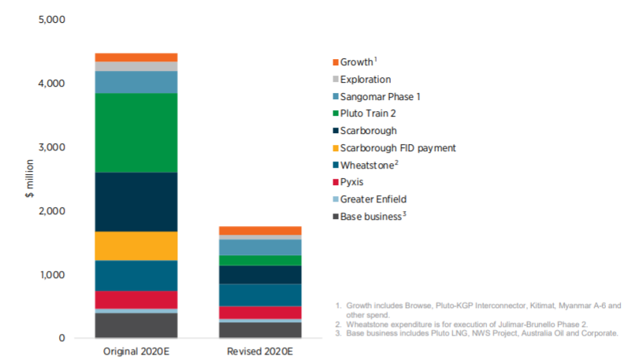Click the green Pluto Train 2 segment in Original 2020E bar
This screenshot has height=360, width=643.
pyautogui.click(x=136, y=132)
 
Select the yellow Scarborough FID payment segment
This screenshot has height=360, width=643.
pyautogui.click(x=136, y=246)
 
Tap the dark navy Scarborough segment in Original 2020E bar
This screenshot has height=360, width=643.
pyautogui.click(x=136, y=202)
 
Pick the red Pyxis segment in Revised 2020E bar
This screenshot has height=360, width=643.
pyautogui.click(x=248, y=312)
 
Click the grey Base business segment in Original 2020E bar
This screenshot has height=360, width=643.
pyautogui.click(x=136, y=325)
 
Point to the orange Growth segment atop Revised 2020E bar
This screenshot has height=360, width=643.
pyautogui.click(x=248, y=230)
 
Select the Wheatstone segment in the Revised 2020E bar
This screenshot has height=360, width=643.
pyautogui.click(x=248, y=295)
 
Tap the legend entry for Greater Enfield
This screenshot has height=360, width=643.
pyautogui.click(x=373, y=199)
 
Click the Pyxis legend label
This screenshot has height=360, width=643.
pyautogui.click(x=353, y=182)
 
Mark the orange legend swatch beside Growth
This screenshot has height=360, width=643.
pyautogui.click(x=335, y=62)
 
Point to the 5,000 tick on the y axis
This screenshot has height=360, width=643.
pyautogui.click(x=52, y=19)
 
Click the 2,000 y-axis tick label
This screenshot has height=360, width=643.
pyautogui.click(x=52, y=211)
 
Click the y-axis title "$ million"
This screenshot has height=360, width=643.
pyautogui.click(x=28, y=179)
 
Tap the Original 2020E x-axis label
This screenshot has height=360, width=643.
pyautogui.click(x=136, y=351)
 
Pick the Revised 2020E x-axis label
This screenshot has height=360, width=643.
pyautogui.click(x=248, y=351)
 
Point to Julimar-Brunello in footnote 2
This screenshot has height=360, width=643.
pyautogui.click(x=498, y=323)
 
